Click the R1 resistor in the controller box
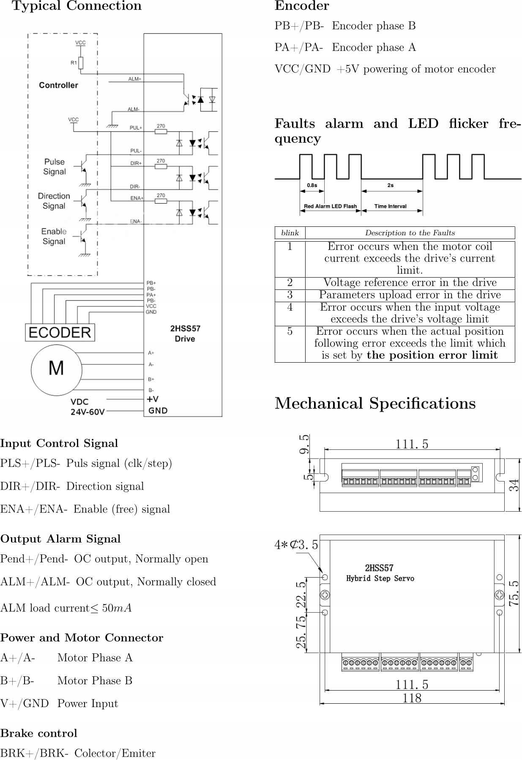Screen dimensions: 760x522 click(81, 63)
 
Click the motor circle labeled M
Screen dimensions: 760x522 click(56, 368)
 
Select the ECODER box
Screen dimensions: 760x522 click(60, 332)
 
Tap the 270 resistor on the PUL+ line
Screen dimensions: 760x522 click(161, 132)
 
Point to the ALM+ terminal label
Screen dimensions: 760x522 click(135, 79)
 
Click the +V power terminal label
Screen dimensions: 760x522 click(153, 399)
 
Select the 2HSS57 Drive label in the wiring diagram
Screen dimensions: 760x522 click(185, 333)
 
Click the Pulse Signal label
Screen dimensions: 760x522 click(55, 167)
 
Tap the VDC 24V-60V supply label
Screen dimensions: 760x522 click(87, 407)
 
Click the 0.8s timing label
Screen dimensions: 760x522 click(312, 185)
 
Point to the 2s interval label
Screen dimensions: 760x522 click(390, 185)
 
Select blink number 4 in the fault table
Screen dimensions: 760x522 click(290, 307)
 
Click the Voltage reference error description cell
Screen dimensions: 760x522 click(410, 283)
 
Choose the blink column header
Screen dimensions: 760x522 click(290, 233)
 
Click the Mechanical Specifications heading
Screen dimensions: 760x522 click(375, 403)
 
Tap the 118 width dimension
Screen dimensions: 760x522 click(412, 698)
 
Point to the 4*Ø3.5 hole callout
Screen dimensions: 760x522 click(296, 545)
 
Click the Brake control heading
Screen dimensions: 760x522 click(39, 733)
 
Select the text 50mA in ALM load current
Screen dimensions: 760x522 click(117, 608)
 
